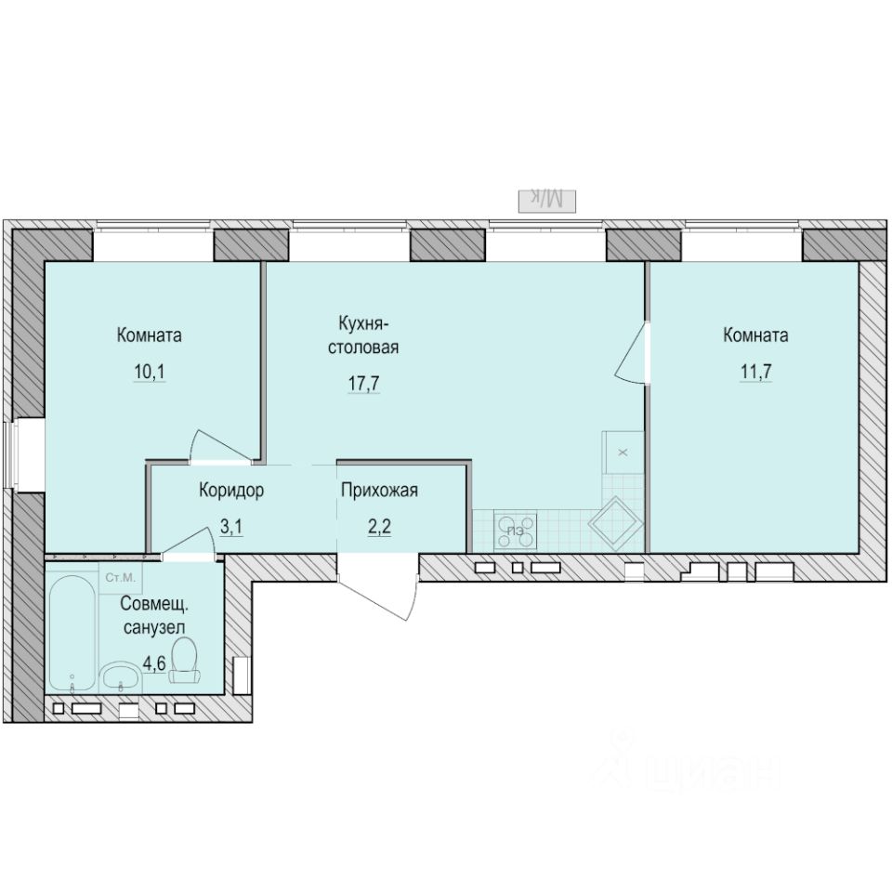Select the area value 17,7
point(364,383)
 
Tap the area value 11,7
point(754,374)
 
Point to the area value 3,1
point(231,528)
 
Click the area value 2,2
point(377,528)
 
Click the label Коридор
point(231,492)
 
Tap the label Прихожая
point(378,492)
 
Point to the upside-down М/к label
point(548,198)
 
